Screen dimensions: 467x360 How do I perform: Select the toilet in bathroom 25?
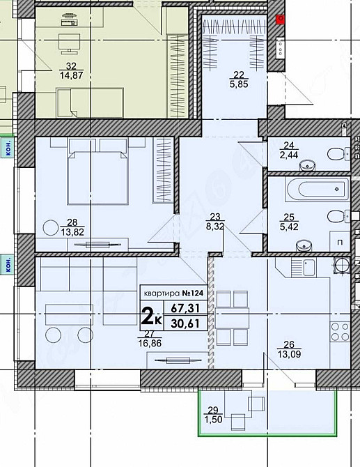(338, 215)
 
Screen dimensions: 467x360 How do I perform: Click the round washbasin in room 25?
(304, 245)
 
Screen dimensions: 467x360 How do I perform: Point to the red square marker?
(280, 20)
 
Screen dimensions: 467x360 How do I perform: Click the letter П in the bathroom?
(339, 242)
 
